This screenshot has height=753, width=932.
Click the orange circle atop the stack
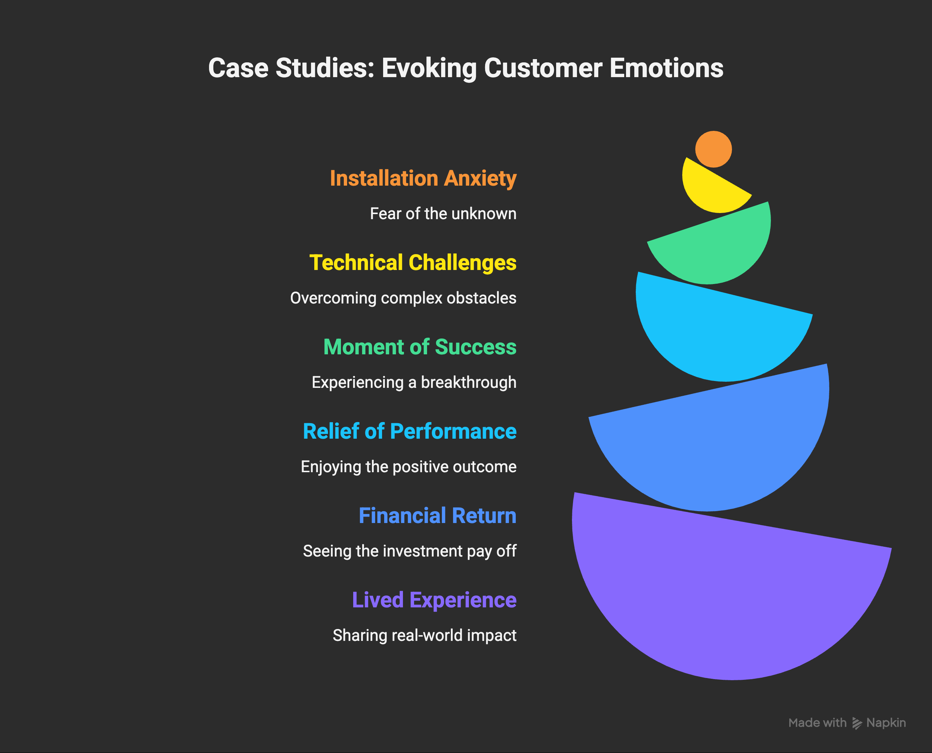(x=714, y=149)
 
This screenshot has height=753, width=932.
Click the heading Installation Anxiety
(x=423, y=178)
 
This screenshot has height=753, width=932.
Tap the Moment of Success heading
(x=420, y=347)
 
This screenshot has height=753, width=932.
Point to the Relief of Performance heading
(x=409, y=431)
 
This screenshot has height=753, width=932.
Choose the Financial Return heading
(x=437, y=516)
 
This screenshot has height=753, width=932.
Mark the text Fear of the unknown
(x=443, y=214)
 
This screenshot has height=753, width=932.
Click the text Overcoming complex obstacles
(x=403, y=298)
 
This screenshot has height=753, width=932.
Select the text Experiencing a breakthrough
(x=414, y=382)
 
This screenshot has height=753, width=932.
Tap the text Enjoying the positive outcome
(x=409, y=467)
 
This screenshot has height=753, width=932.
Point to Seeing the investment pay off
(x=409, y=551)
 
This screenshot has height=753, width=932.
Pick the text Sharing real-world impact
(x=424, y=635)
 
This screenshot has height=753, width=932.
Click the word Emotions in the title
(x=666, y=68)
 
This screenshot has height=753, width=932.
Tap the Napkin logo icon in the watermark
(x=857, y=723)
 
